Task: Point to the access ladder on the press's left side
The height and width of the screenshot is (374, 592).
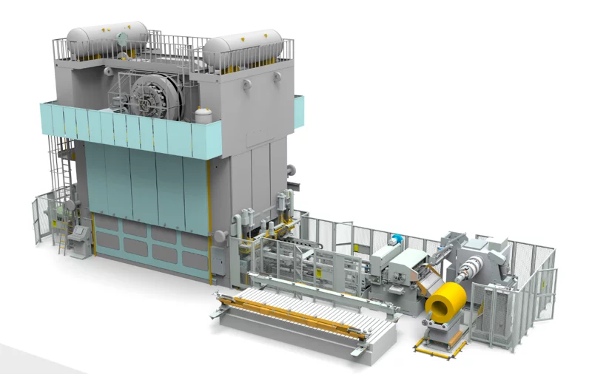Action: [x=64, y=200]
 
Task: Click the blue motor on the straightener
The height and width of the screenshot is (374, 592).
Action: [x=397, y=239]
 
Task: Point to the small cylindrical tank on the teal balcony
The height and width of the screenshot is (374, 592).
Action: [x=202, y=115]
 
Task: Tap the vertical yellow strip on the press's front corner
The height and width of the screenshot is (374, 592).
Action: [x=209, y=222]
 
